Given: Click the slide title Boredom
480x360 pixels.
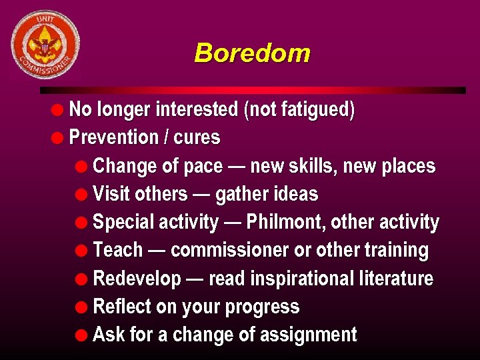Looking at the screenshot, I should point(252,53).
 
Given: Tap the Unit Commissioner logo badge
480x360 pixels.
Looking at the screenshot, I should point(45,45).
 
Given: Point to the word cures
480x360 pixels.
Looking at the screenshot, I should point(197,138).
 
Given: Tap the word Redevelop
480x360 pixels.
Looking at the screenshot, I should point(137,279).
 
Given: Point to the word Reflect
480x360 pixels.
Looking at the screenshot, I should point(121,307).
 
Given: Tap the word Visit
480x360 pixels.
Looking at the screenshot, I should point(111,194).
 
